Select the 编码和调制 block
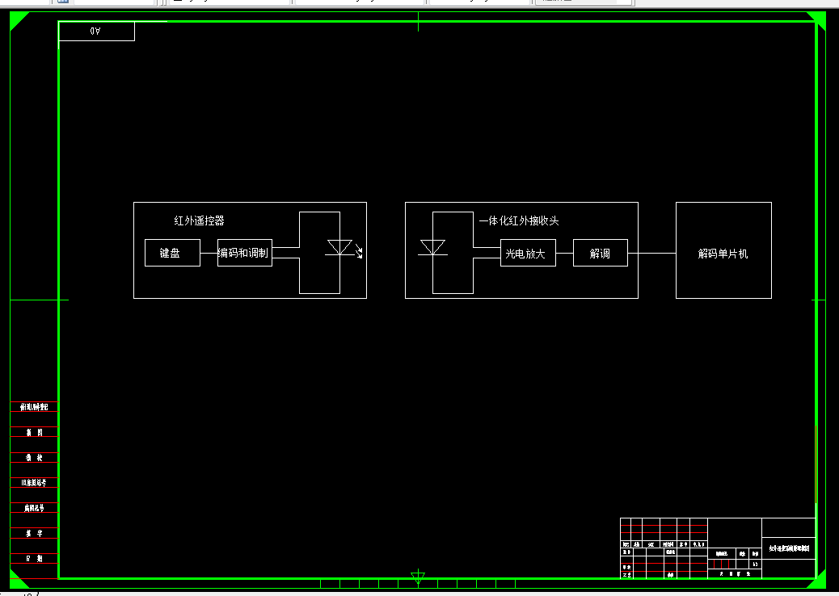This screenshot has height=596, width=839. click(245, 253)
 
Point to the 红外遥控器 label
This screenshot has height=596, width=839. click(200, 220)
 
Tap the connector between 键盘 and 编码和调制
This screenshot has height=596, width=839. click(209, 253)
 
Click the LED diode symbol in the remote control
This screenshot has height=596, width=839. click(339, 248)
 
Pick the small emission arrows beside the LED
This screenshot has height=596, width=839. click(359, 252)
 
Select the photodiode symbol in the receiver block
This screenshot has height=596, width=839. click(433, 247)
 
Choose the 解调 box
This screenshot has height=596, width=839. click(600, 253)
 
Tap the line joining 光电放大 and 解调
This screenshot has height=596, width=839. click(564, 253)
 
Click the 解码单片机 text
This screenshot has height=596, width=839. click(723, 254)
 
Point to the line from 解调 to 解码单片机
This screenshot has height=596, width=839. click(651, 253)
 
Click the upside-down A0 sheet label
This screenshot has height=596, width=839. click(95, 31)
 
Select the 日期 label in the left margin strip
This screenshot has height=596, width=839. click(34, 559)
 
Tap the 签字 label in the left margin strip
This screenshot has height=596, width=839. click(34, 534)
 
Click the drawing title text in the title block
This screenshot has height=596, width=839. click(788, 549)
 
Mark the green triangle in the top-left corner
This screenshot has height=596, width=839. click(17, 19)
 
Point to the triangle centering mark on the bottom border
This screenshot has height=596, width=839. click(418, 577)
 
